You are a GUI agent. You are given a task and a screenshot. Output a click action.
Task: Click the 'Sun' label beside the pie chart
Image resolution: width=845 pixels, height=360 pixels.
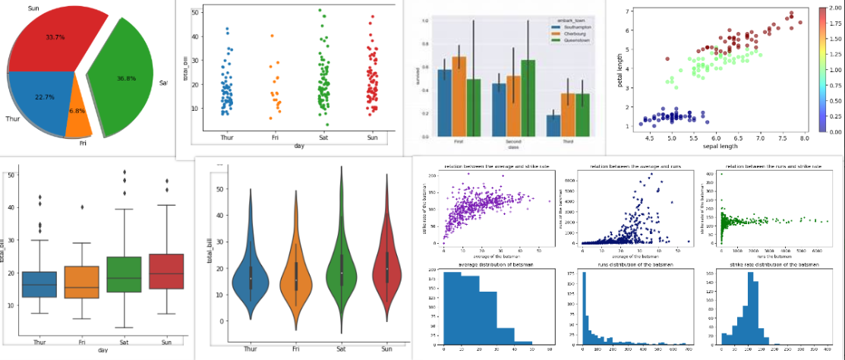click(33, 8)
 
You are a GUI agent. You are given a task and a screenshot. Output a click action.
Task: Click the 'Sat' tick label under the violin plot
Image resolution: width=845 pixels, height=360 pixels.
click(342, 349)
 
